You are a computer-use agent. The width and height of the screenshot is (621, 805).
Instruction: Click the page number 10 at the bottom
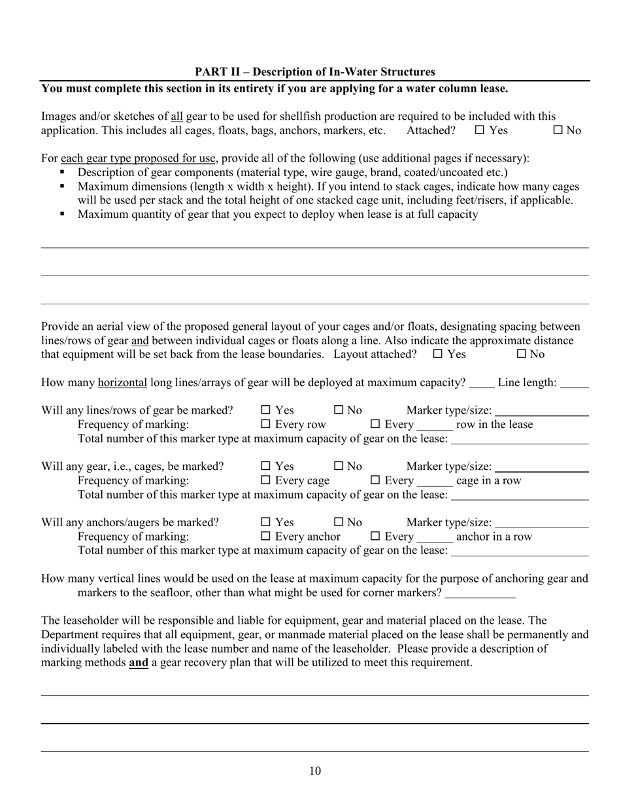(x=314, y=771)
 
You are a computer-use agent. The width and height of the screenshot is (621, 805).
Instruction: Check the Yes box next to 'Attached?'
(x=479, y=130)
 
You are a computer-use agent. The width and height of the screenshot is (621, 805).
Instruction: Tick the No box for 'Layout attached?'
(x=522, y=354)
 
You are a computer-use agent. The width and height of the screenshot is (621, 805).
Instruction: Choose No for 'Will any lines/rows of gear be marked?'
(x=339, y=410)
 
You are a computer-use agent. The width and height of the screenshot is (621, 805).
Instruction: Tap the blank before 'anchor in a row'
(x=435, y=538)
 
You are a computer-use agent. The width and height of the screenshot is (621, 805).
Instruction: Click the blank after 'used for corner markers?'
(x=480, y=594)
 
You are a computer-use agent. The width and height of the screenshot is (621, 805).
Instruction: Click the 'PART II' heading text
(x=314, y=72)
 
